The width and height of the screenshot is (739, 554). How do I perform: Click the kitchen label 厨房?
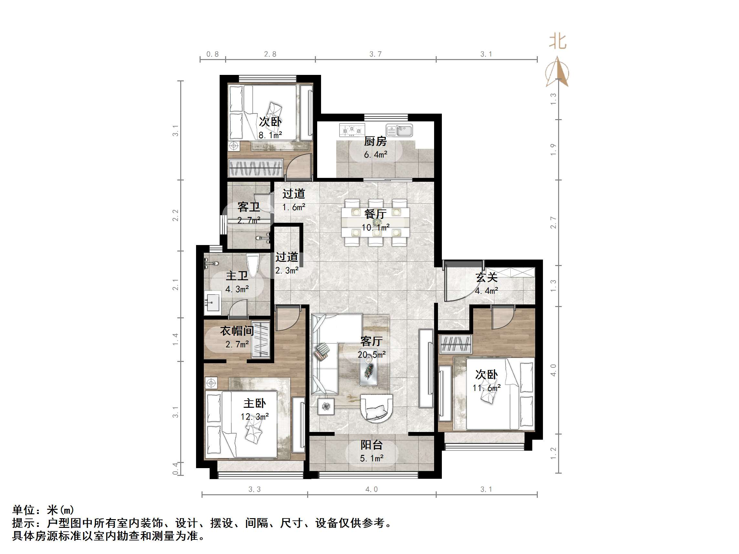point(375,141)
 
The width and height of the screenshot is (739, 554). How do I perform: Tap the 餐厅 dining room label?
point(375,214)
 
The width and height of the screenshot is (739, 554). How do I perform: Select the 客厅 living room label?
point(371,341)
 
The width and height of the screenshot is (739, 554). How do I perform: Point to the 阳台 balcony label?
point(371,445)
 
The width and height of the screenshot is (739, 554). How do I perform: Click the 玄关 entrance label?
point(486,277)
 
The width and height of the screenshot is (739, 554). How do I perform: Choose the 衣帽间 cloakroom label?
point(237,331)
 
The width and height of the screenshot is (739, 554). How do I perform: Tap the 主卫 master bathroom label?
point(237,276)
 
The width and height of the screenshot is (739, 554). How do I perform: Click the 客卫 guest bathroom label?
point(249,207)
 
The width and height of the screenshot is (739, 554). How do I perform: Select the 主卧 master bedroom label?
point(255,404)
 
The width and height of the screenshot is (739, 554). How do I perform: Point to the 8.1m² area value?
point(270,135)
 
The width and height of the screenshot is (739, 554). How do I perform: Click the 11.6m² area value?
point(486,388)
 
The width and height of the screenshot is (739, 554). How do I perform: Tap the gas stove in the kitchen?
point(352,130)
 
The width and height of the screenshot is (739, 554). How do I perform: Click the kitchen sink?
point(400,130)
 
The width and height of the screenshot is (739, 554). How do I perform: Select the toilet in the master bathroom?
point(253,265)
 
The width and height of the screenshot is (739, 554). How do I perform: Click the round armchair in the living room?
point(377,409)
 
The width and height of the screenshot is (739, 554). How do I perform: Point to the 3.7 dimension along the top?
point(375,54)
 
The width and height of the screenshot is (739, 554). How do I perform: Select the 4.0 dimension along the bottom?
point(371,489)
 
